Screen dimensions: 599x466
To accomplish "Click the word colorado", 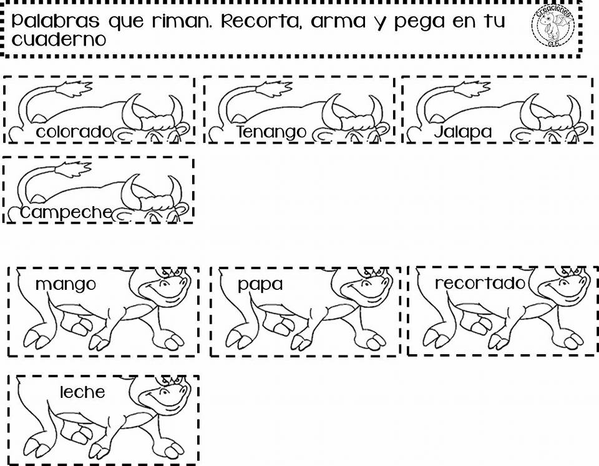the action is pyautogui.click(x=74, y=132).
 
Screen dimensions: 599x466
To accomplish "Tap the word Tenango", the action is pyautogui.click(x=271, y=132).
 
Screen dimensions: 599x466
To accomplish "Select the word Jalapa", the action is pyautogui.click(x=463, y=132).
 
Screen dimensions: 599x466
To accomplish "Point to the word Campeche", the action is pyautogui.click(x=66, y=212).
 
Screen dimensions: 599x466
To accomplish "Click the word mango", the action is pyautogui.click(x=66, y=285).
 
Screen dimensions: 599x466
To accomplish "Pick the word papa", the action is pyautogui.click(x=260, y=285).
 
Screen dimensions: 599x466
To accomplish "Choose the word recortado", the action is pyautogui.click(x=480, y=284).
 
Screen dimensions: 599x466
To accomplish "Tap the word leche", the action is pyautogui.click(x=82, y=392).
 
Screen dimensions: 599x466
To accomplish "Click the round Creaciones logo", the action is pyautogui.click(x=553, y=26).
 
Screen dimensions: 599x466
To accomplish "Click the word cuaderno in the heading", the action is pyautogui.click(x=59, y=39).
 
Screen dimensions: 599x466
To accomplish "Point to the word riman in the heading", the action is pyautogui.click(x=182, y=21).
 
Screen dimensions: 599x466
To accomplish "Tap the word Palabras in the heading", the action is pyautogui.click(x=56, y=21).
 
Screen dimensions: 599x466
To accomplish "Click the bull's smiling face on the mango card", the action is pyautogui.click(x=164, y=288).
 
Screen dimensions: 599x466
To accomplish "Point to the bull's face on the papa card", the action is pyautogui.click(x=366, y=288).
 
